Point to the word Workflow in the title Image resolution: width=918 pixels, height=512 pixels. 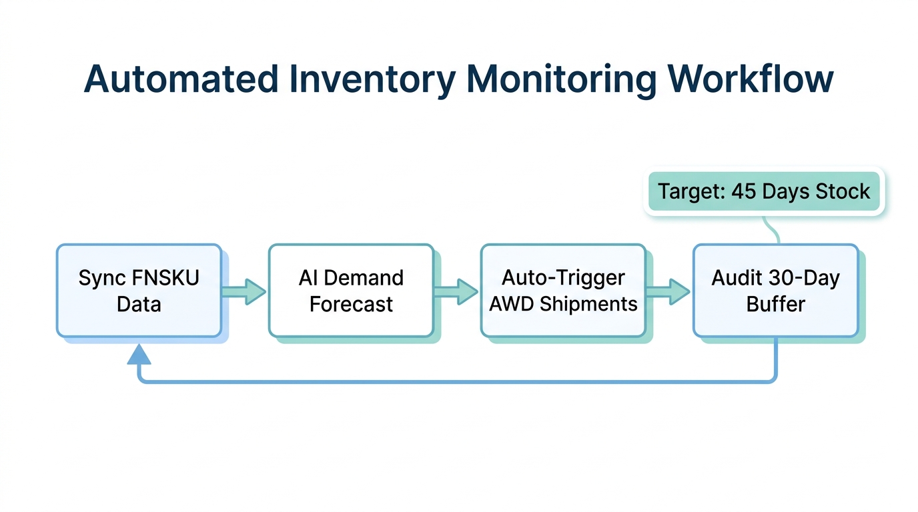point(749,79)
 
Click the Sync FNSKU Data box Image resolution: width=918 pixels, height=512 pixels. point(139,291)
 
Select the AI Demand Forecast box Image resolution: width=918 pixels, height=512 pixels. point(351,291)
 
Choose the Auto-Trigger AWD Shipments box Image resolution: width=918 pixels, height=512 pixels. point(563,291)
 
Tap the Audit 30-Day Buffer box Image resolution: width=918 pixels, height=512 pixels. point(775,291)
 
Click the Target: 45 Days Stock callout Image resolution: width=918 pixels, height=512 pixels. point(764,192)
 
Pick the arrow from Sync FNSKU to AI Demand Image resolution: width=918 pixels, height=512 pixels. point(244,291)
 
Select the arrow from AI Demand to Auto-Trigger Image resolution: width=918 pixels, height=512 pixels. point(456,291)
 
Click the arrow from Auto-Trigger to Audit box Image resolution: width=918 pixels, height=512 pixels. point(668,291)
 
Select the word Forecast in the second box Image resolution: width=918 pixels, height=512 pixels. point(351,305)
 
